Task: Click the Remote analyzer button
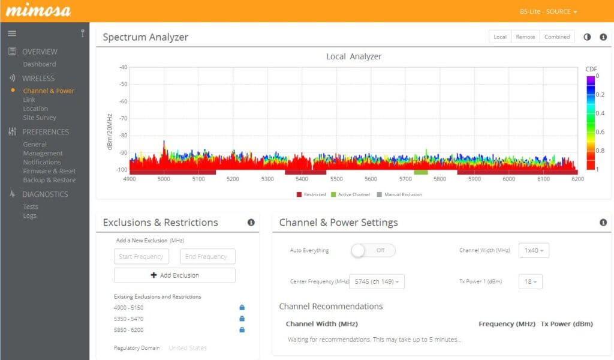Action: click(x=525, y=37)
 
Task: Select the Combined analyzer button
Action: click(x=557, y=37)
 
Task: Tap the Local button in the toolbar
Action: click(x=500, y=37)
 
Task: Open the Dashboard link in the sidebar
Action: click(x=40, y=64)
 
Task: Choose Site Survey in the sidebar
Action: click(x=40, y=118)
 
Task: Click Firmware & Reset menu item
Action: click(x=49, y=171)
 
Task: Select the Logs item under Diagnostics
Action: click(x=30, y=215)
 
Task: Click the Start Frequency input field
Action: click(x=142, y=257)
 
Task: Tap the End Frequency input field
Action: click(x=207, y=257)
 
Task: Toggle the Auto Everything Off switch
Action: click(x=373, y=250)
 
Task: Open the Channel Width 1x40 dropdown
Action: click(x=534, y=250)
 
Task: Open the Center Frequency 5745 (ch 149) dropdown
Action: click(x=378, y=281)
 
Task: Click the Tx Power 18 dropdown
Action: click(x=531, y=281)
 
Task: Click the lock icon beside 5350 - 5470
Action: click(x=242, y=319)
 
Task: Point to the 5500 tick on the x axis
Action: click(x=336, y=179)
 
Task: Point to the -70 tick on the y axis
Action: click(x=122, y=118)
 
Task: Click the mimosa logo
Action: click(x=38, y=11)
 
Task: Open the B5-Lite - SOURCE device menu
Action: click(x=549, y=11)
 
